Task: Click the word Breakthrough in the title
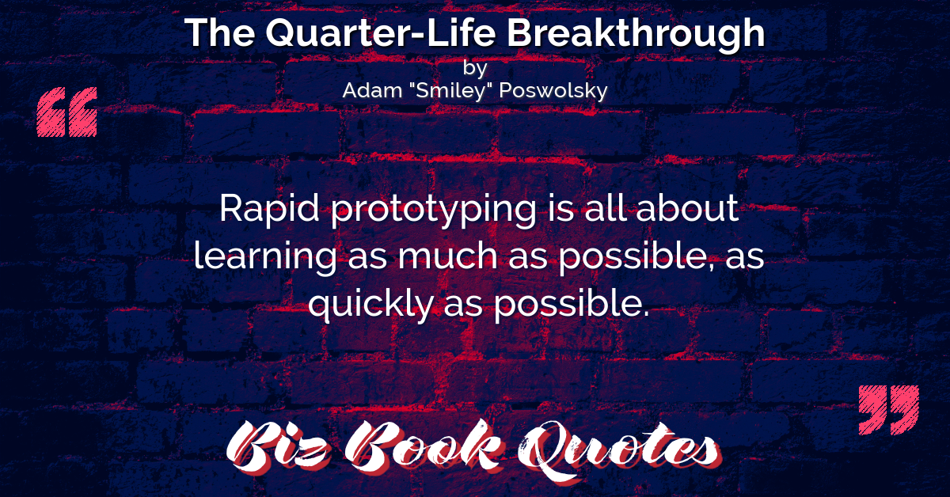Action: point(636,34)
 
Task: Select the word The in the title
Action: point(220,32)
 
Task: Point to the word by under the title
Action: point(475,69)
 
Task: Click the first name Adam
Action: point(372,90)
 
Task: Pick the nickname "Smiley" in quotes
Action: point(450,91)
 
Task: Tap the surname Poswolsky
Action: point(553,91)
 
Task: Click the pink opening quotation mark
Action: point(67,112)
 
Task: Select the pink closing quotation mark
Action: point(889,410)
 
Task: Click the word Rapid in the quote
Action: point(269,210)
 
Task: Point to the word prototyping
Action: point(434,211)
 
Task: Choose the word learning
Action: point(265,257)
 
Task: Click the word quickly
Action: point(371,305)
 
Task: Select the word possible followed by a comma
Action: point(636,257)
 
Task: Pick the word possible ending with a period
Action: point(572,305)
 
